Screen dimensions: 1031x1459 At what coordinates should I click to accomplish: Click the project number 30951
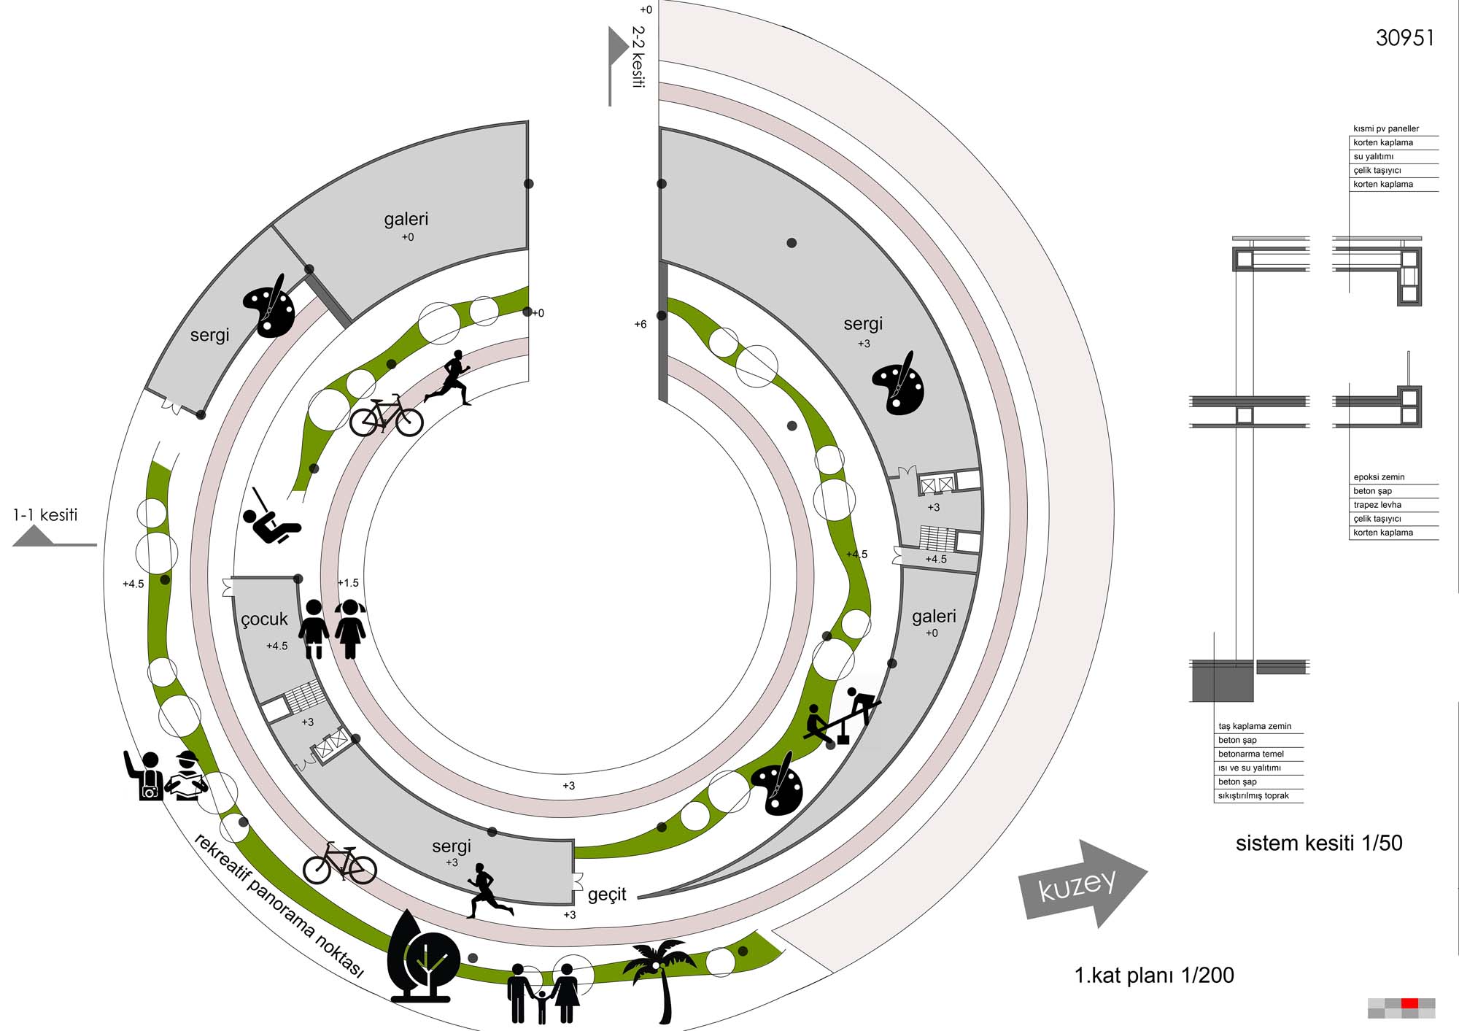(x=1404, y=38)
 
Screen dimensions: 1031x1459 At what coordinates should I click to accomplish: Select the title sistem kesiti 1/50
(x=1318, y=843)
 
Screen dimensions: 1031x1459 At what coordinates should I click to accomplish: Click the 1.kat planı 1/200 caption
(x=1153, y=975)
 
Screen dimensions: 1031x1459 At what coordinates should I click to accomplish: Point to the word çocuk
(x=264, y=619)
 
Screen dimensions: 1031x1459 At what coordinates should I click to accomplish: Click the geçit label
(x=607, y=894)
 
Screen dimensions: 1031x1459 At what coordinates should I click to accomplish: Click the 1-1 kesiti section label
(x=45, y=515)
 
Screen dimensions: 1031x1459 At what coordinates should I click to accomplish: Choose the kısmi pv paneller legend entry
(x=1386, y=128)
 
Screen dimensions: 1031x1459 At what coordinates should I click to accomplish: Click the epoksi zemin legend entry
(x=1379, y=477)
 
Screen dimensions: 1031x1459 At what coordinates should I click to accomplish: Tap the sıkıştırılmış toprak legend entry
(x=1253, y=795)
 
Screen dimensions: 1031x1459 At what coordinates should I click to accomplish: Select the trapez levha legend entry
(x=1377, y=505)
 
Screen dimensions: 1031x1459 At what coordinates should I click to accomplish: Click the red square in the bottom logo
(x=1409, y=1003)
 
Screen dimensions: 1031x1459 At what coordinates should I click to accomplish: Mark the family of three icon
(x=543, y=993)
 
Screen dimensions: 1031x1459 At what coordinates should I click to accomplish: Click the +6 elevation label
(x=640, y=324)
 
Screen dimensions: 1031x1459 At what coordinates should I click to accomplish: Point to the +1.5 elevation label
(x=348, y=583)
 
